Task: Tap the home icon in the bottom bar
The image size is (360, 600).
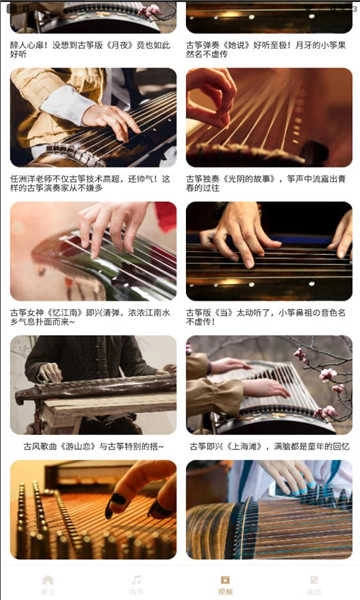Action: coord(47,582)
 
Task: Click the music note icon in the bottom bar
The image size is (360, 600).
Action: coord(136,582)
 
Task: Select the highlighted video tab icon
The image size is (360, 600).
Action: coord(225,582)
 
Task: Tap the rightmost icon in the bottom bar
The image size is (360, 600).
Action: coord(314,582)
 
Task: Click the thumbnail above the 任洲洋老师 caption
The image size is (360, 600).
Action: coord(93,117)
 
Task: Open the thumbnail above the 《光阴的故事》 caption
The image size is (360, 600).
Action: coord(268,117)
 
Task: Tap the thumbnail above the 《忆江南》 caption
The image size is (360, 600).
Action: coord(93,252)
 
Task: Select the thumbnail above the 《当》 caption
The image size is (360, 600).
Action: coord(268,252)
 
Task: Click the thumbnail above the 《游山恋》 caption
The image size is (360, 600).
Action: coord(93,385)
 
